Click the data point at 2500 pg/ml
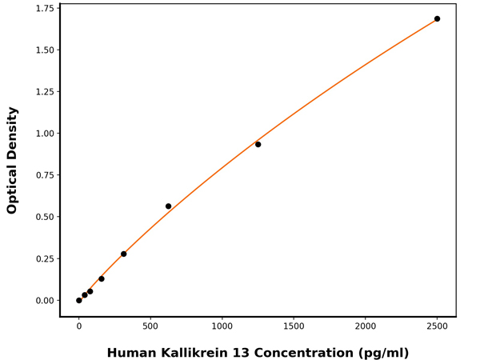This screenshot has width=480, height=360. point(437,18)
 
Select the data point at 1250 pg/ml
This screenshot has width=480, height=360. point(258,144)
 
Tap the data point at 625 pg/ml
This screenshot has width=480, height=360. point(168,206)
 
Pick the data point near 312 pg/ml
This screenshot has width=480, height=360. point(123,254)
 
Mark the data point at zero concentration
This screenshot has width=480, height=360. point(78,301)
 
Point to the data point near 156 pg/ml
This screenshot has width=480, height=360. point(101,279)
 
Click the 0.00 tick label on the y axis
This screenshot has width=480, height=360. point(43,301)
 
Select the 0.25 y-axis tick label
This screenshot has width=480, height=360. point(43,259)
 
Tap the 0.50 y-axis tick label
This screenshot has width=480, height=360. point(43,217)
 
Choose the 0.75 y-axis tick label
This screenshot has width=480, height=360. point(43,175)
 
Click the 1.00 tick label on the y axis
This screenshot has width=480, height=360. point(43,134)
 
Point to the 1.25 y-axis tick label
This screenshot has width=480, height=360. point(43,92)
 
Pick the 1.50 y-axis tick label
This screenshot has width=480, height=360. point(43,50)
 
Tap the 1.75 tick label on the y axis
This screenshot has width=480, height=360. point(43,9)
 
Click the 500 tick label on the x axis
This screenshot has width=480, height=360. point(150,326)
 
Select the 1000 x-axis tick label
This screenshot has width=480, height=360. point(222,326)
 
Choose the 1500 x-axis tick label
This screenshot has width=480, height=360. point(294,326)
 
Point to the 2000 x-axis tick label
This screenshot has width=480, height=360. point(366,326)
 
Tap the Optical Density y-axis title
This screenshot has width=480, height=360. point(12,160)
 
